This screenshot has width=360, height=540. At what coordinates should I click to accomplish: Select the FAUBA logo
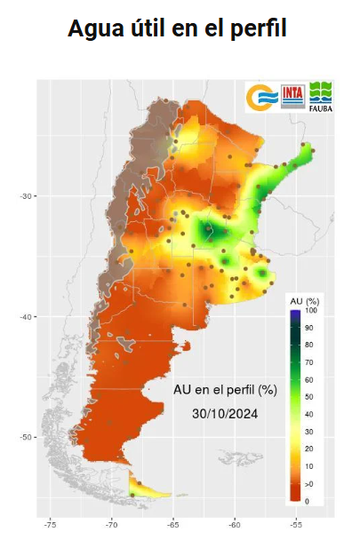tap(320, 97)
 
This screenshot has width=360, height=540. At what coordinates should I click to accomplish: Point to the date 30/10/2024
tap(226, 414)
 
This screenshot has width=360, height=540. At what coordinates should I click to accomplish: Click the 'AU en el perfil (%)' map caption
tap(226, 390)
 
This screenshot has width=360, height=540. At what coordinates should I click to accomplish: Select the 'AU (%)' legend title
tap(305, 301)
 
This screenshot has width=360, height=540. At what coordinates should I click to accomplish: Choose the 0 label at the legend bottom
tap(308, 502)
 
